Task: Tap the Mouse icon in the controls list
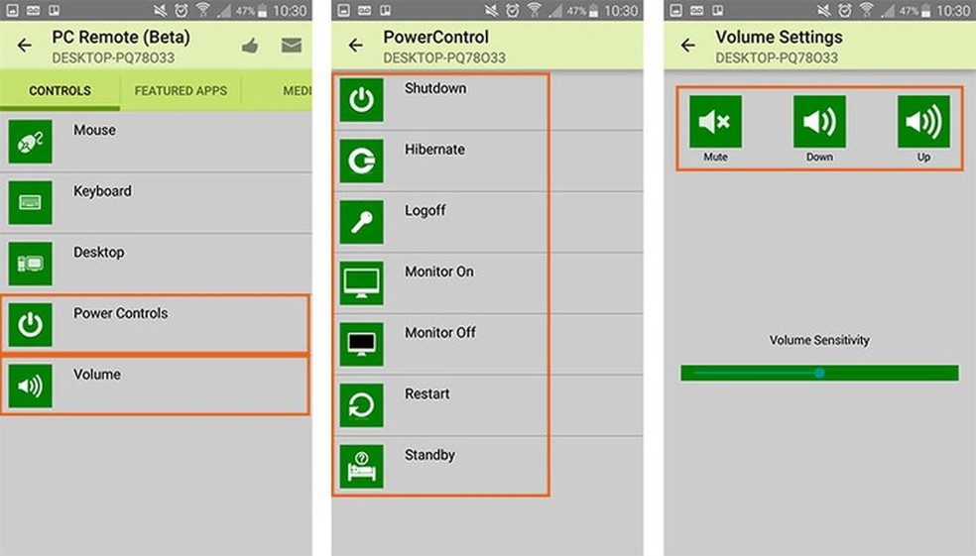[30, 143]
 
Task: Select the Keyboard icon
[30, 203]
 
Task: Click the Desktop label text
[99, 253]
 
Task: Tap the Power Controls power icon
[30, 325]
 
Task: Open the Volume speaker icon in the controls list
[30, 386]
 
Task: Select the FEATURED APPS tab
[181, 91]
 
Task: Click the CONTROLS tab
[60, 91]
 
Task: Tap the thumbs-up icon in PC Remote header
[250, 46]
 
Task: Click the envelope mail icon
[292, 46]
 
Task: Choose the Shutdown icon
[362, 99]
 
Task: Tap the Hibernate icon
[362, 162]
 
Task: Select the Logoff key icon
[362, 222]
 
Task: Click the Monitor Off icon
[362, 344]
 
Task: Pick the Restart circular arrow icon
[362, 405]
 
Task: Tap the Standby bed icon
[362, 467]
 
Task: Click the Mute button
[715, 122]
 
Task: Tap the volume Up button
[923, 122]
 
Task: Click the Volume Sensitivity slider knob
[819, 373]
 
